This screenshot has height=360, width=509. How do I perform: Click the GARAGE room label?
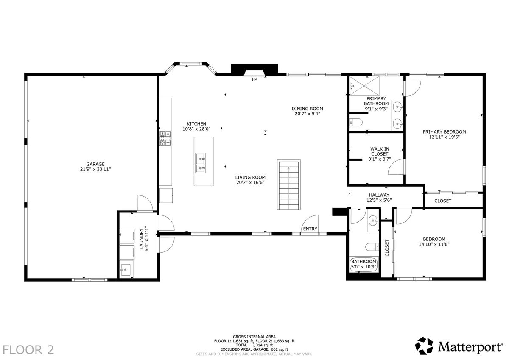point(95,164)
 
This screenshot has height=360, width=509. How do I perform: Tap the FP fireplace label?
point(254,79)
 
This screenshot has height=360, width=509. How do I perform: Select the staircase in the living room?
point(288,185)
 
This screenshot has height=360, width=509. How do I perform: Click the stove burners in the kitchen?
point(165,138)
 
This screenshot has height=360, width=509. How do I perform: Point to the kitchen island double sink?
point(200,163)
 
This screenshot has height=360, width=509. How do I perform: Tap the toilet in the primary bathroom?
point(355,123)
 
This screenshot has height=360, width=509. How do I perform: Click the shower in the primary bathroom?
point(364,86)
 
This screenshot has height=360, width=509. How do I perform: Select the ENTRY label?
point(310,229)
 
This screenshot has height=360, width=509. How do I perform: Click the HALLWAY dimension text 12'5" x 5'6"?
point(379,200)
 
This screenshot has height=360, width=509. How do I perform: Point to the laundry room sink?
point(126,270)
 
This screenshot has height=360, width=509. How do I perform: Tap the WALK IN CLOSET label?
point(380,151)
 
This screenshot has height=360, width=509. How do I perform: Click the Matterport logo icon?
point(424,346)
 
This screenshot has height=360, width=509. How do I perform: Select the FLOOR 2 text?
point(28,350)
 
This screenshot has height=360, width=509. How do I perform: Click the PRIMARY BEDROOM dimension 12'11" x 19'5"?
point(444,137)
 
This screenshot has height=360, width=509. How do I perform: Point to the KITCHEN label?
point(196,124)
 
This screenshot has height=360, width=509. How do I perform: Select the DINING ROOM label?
point(307,109)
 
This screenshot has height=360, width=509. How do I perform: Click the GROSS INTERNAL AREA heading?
point(254,337)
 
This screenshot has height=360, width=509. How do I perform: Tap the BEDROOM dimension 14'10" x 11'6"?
point(434,244)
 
